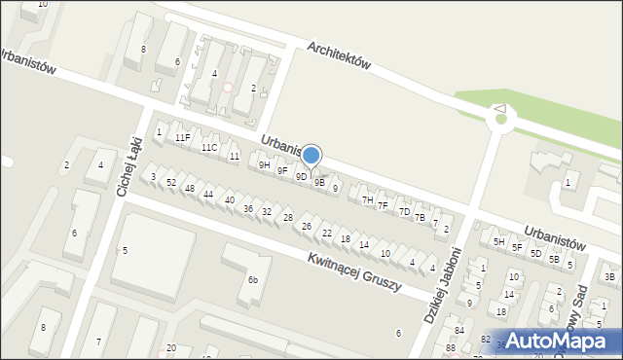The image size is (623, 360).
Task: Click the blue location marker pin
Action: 311,156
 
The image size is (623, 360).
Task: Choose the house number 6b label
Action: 252,280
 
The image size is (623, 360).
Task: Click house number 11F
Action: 182,138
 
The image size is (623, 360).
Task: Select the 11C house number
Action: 208,148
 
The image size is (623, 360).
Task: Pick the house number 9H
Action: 264,165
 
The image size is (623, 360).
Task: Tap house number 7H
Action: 367,199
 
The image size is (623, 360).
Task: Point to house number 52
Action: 170,183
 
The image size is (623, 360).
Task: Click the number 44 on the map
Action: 208,195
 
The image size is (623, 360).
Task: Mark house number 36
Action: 248,209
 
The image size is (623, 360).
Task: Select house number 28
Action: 287,218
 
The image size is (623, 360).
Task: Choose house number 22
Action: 327,234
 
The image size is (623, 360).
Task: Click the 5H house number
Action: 498,241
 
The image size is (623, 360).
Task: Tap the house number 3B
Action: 609,277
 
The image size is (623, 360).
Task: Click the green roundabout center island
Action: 501,120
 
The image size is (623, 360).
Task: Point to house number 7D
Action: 404,211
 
